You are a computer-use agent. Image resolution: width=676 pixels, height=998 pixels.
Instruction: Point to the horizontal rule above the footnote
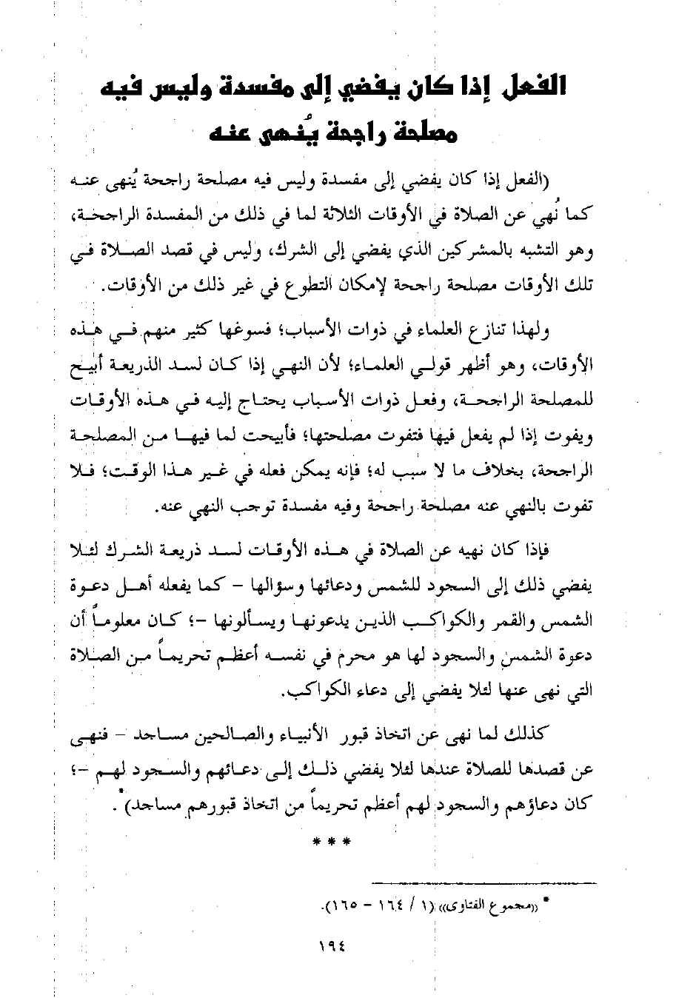480,883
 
